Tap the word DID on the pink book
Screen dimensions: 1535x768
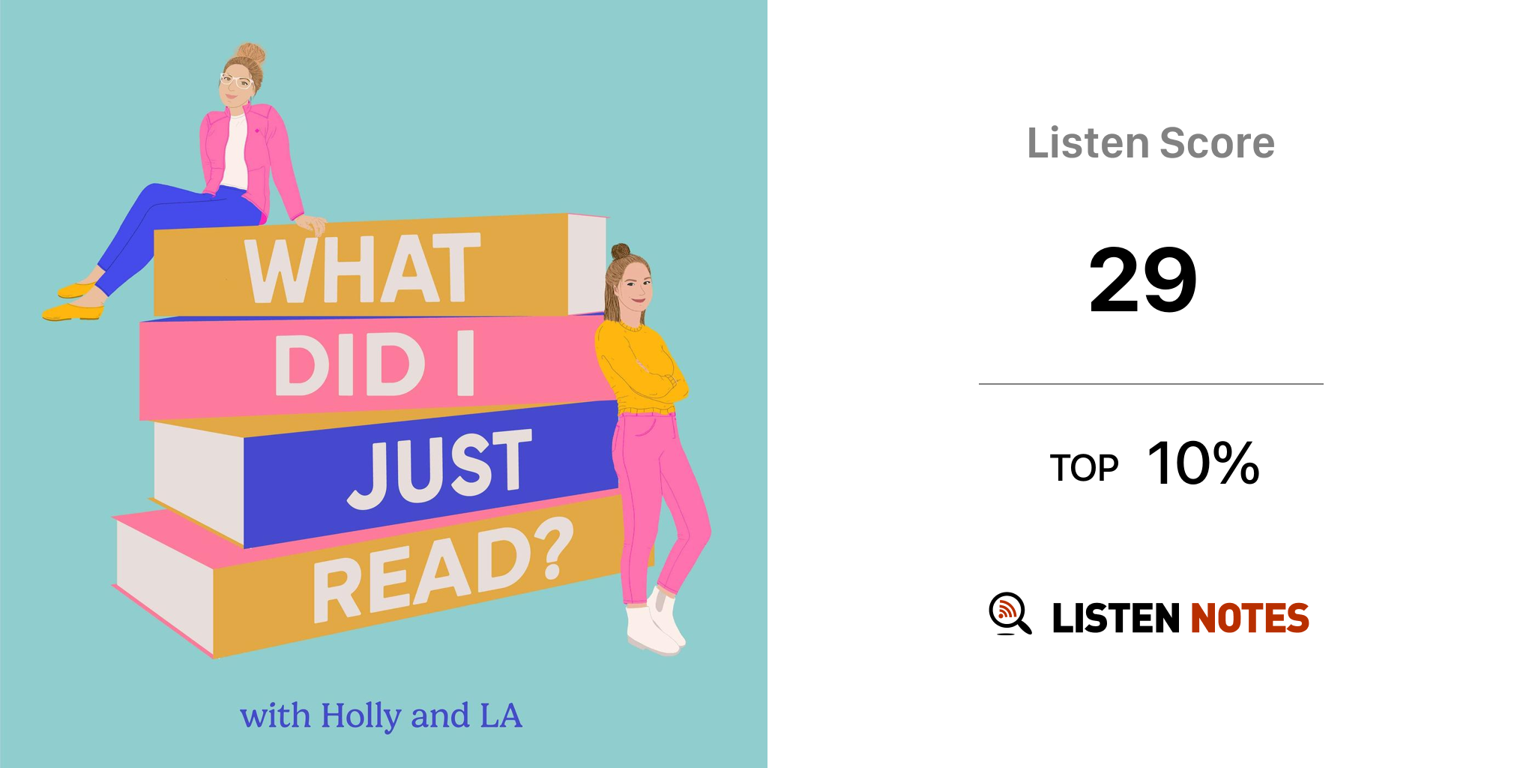(x=350, y=365)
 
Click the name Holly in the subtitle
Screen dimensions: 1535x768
(x=361, y=716)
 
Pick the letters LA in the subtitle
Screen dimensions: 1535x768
(x=501, y=715)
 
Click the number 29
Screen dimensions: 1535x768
(x=1143, y=280)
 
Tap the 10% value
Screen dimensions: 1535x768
(x=1204, y=463)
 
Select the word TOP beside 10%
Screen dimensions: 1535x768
(x=1084, y=468)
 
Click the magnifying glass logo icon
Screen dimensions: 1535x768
(x=1010, y=614)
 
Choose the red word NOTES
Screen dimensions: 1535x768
(x=1249, y=618)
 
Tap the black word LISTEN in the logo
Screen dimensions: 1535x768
(x=1116, y=618)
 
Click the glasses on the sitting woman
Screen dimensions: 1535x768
(x=235, y=80)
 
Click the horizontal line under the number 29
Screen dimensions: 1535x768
(x=1151, y=384)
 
